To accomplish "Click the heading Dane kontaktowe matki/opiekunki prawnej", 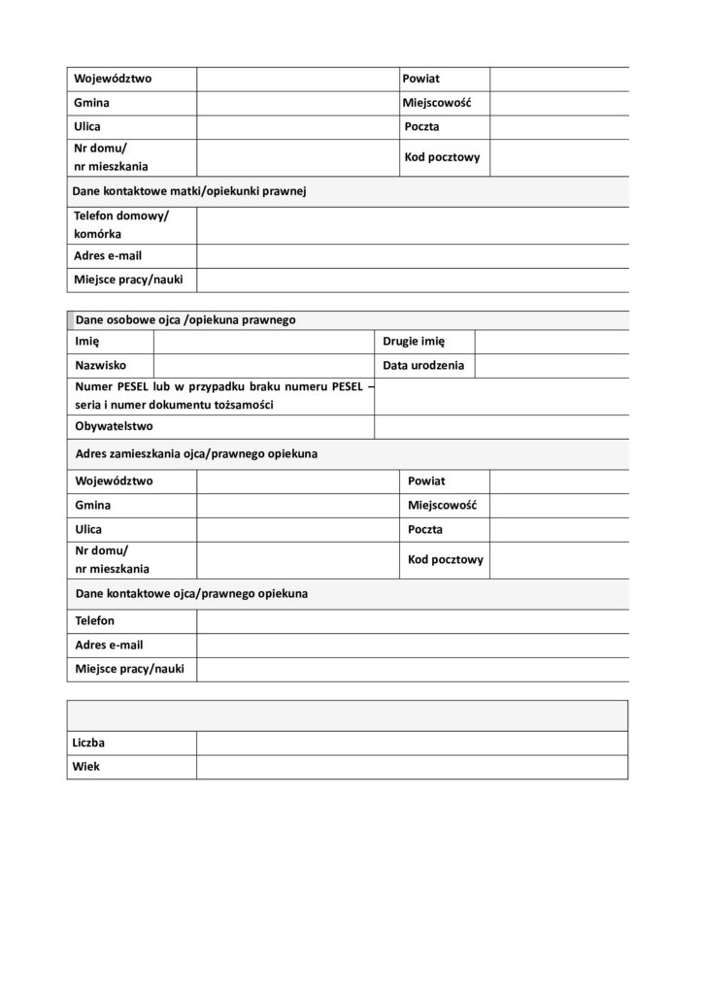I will point(189,191).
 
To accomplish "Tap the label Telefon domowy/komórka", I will point(121,225).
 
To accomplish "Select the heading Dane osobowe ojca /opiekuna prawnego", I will point(185,318).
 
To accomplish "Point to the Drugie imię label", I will point(414,342).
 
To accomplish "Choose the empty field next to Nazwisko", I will point(263,365).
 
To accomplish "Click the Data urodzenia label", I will point(423,365).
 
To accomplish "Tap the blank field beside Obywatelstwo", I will point(501,426).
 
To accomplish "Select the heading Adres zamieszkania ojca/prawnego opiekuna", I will point(196,453).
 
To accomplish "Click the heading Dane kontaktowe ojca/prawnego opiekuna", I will point(191,592).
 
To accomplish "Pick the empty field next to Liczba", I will point(412,743).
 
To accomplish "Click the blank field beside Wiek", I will point(412,766).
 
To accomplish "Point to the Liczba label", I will point(89,743).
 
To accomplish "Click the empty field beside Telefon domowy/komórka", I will point(412,225).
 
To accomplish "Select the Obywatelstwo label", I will point(114,426).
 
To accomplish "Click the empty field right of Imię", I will point(263,342).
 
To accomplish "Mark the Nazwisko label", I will point(100,365).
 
